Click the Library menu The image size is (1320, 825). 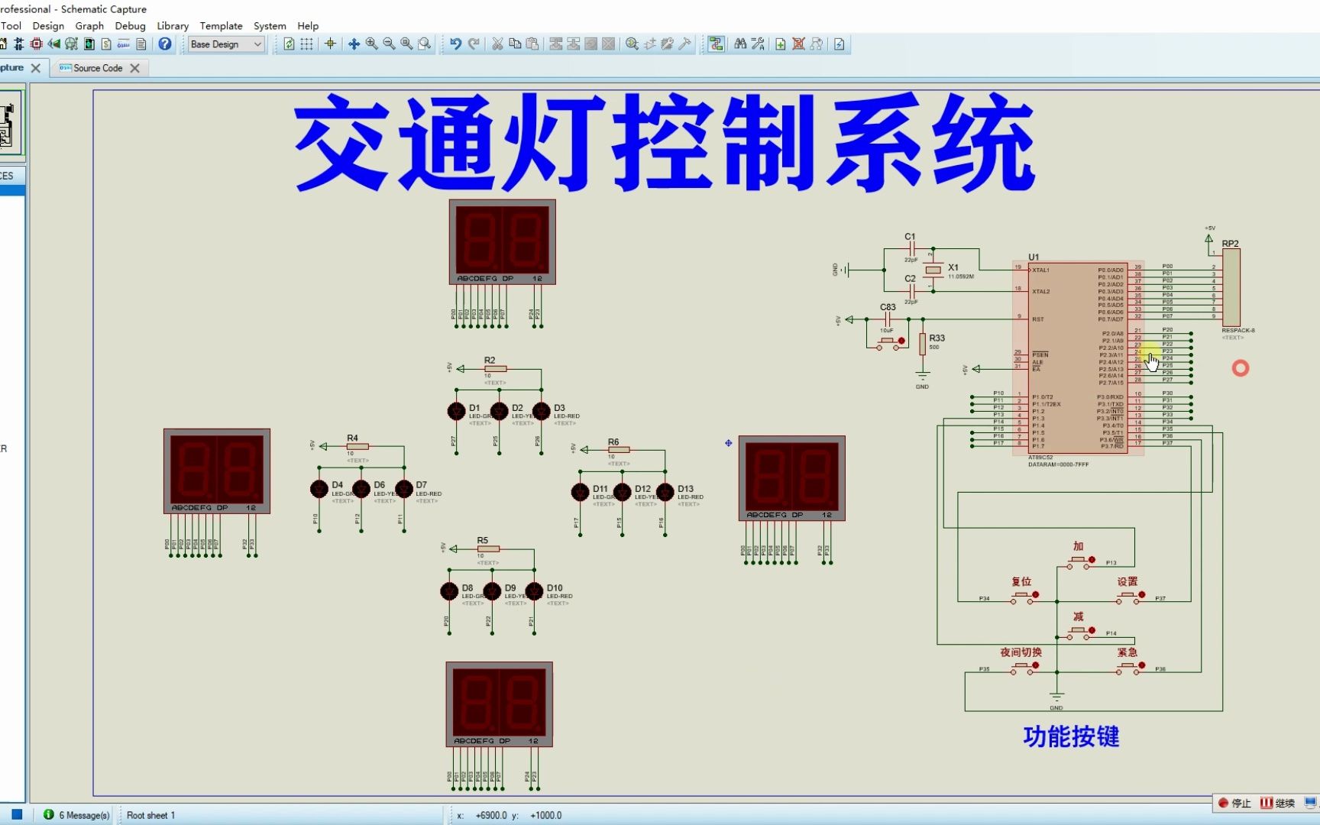[x=173, y=26]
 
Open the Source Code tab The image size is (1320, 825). [x=98, y=68]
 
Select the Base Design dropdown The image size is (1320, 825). [x=225, y=44]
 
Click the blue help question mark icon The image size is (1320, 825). [x=165, y=44]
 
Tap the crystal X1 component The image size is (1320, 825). [x=933, y=270]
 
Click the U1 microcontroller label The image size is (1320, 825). [x=1034, y=257]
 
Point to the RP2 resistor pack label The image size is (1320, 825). [x=1230, y=244]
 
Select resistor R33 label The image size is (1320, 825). [x=937, y=338]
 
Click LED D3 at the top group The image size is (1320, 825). [x=542, y=412]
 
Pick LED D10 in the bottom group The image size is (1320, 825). [x=535, y=591]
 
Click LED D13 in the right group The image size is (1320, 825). [x=665, y=492]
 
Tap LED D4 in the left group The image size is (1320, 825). [x=319, y=489]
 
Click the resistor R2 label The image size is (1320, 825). [x=490, y=360]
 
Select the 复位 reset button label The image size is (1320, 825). [x=1021, y=581]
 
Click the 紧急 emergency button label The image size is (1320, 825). [x=1127, y=652]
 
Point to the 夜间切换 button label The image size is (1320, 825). [x=1021, y=652]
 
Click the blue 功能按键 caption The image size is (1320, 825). [x=1071, y=736]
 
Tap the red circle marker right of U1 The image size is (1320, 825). [x=1240, y=368]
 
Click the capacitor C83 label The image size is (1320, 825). [x=888, y=307]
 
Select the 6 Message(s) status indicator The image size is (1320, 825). [x=78, y=815]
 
